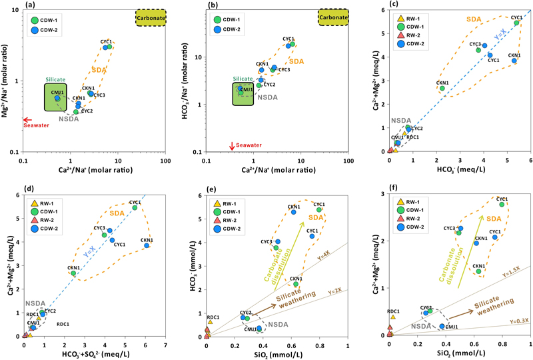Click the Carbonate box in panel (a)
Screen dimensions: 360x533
tap(150, 18)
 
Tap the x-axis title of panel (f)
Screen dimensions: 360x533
tap(460, 354)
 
